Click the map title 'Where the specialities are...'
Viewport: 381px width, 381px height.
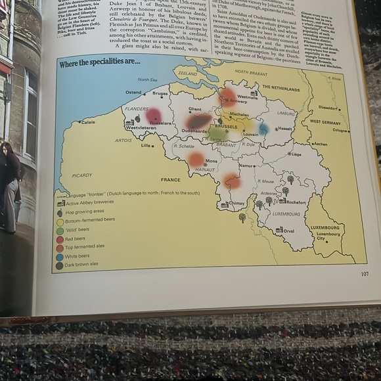coord(101,62)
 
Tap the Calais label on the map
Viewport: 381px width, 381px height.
coord(88,122)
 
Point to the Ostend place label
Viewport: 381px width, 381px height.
coord(133,93)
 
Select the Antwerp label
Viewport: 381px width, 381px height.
coord(238,102)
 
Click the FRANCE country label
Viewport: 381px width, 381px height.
coord(170,179)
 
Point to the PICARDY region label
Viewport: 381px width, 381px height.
coord(83,175)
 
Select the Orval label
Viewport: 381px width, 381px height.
coord(288,231)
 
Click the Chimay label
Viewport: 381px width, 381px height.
coord(237,204)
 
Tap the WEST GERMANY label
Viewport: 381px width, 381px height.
coord(325,122)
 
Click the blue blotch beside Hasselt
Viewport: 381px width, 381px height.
coord(264,129)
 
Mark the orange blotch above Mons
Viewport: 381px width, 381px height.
coord(196,158)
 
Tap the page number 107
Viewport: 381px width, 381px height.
coord(365,274)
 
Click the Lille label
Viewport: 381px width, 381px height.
coord(146,146)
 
